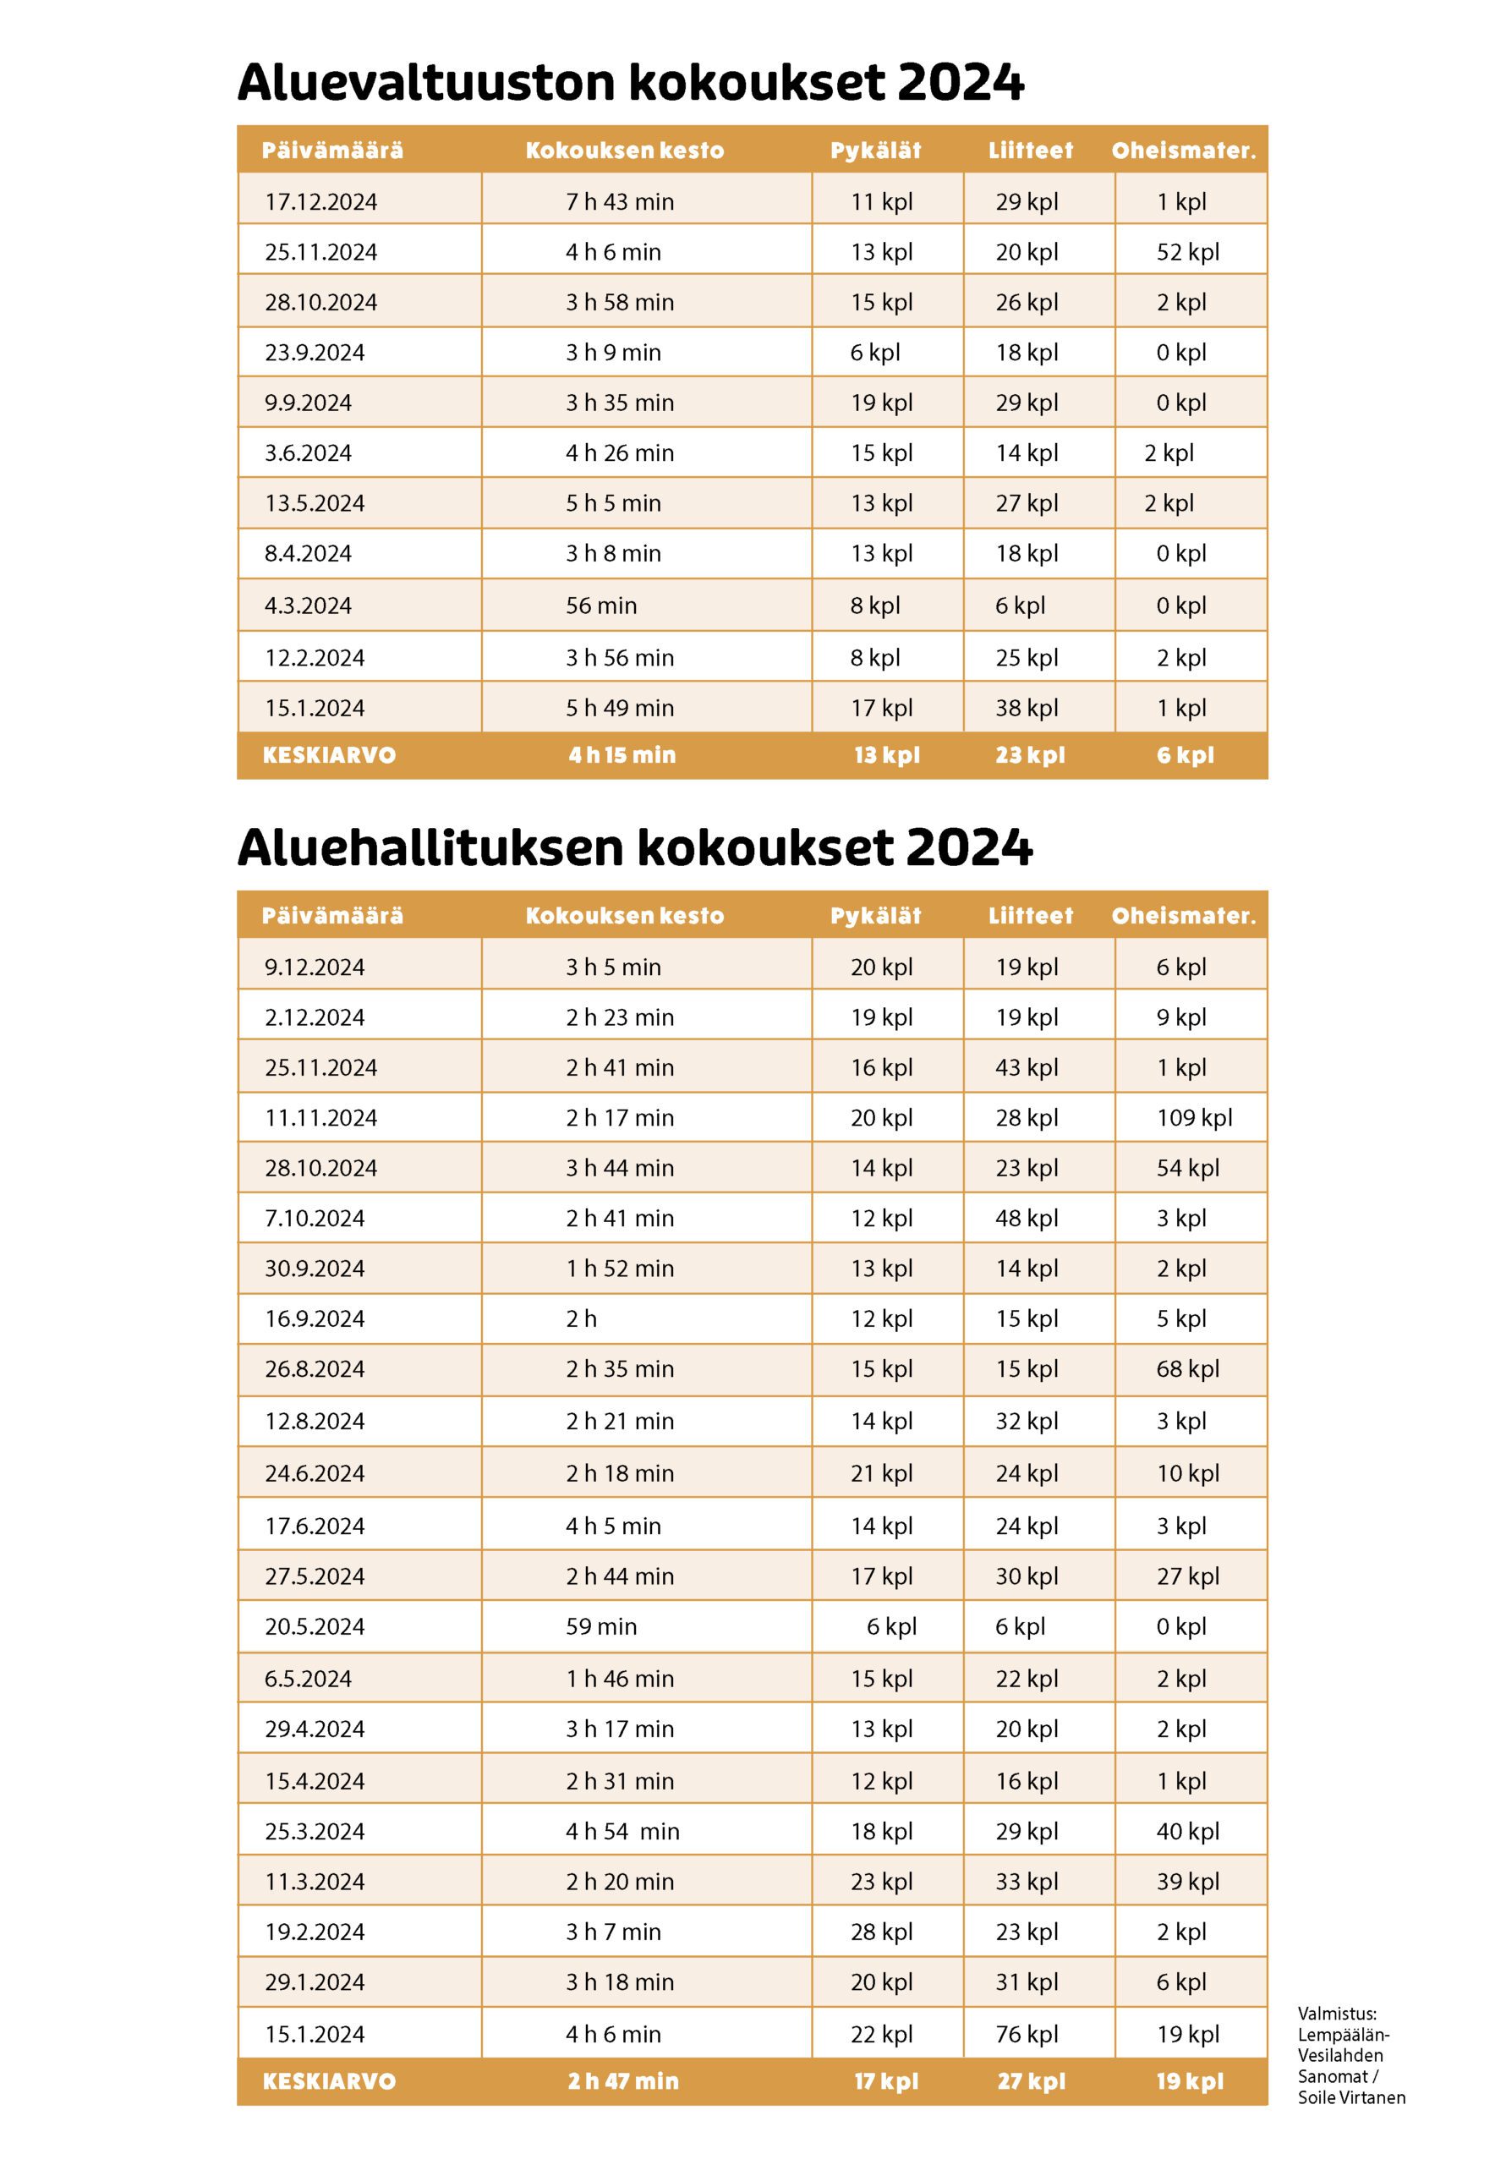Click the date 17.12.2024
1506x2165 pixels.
click(320, 202)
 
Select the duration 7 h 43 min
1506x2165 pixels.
click(620, 202)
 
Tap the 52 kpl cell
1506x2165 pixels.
click(1187, 252)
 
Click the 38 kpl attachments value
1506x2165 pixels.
click(1026, 707)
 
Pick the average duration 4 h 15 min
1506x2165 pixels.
click(622, 755)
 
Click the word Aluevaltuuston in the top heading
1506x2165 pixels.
click(425, 82)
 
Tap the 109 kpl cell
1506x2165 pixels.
click(1194, 1117)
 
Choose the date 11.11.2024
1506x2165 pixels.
click(320, 1117)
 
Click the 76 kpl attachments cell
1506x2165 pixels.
click(1026, 2034)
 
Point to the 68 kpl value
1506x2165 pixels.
click(1187, 1368)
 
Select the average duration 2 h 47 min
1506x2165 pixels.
click(622, 2081)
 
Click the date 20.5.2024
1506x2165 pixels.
click(314, 1626)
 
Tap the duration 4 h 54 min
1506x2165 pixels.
click(622, 1831)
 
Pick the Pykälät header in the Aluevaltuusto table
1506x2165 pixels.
click(875, 151)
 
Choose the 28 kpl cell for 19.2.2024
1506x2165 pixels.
click(881, 1932)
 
